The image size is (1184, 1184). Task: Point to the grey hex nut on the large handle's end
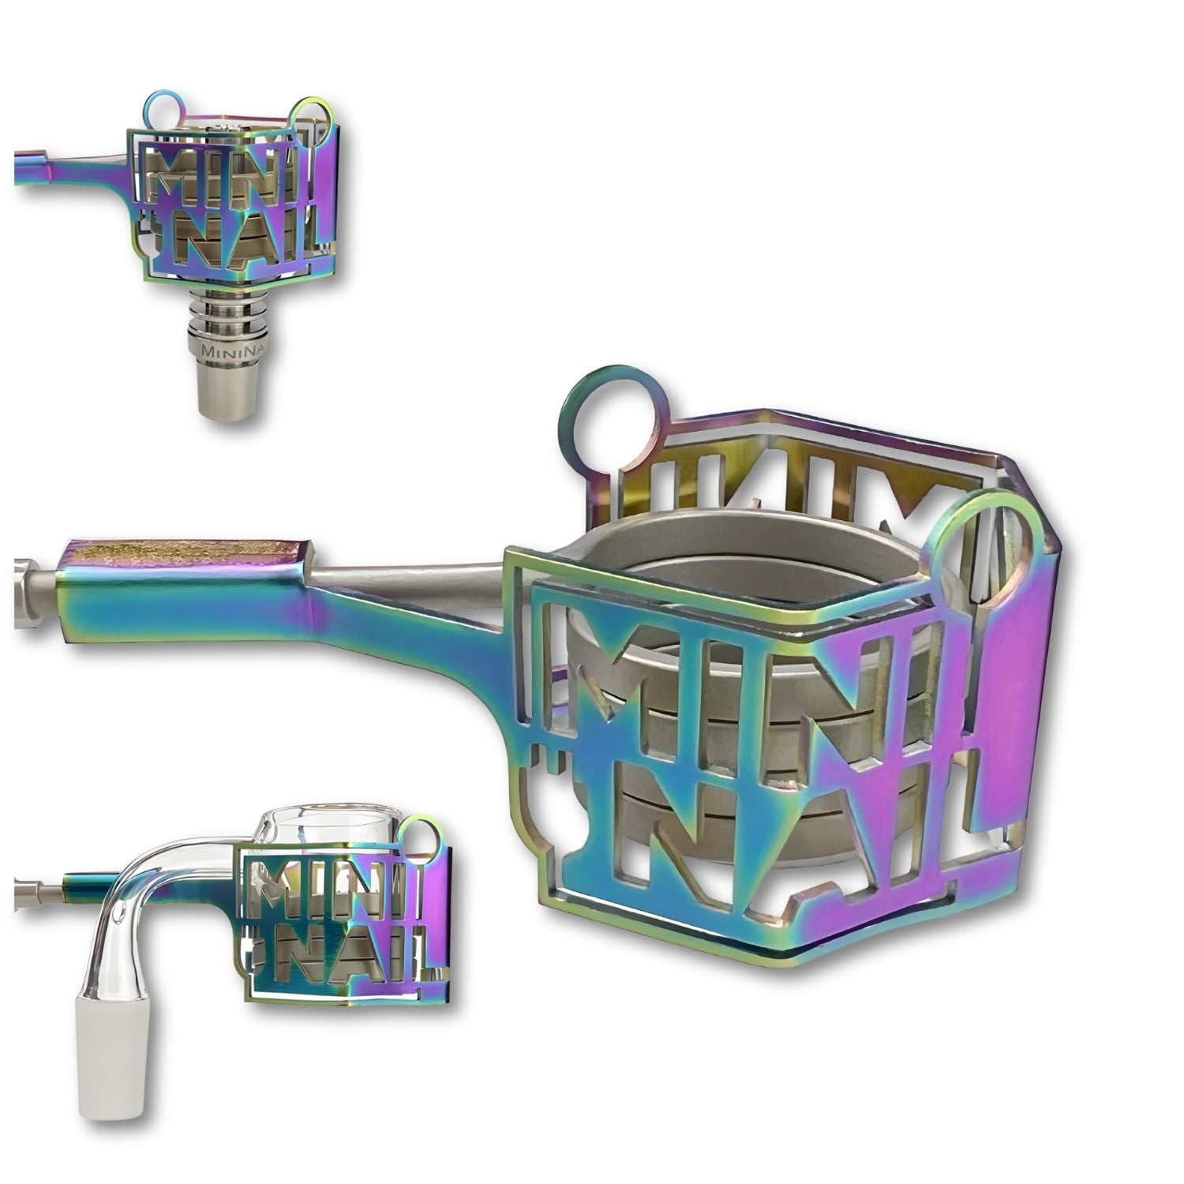tap(32, 591)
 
